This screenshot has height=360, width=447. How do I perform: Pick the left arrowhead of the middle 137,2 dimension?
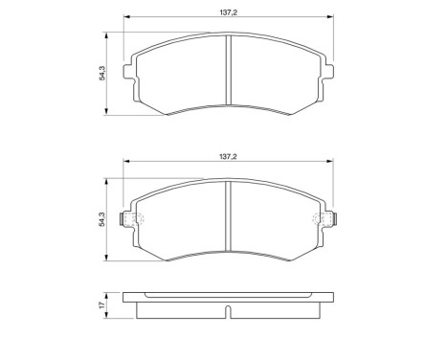(x=123, y=158)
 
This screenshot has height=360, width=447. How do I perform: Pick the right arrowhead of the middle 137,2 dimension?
(x=331, y=158)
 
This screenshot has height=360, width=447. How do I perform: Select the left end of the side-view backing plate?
(x=125, y=300)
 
